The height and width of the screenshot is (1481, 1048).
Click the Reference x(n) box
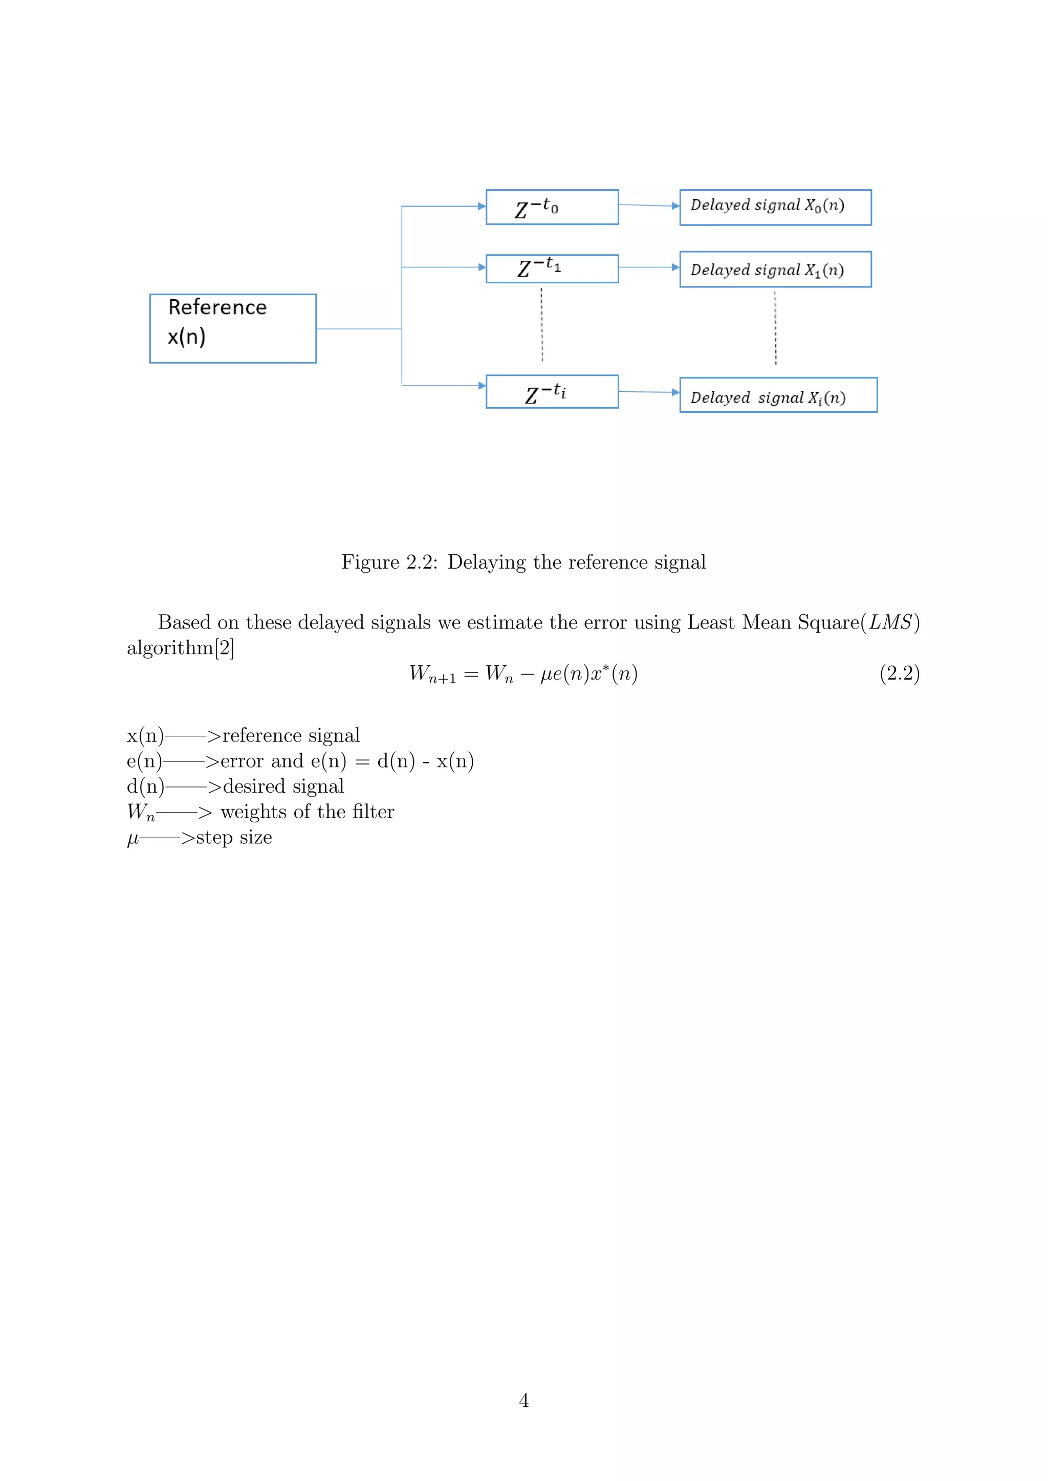click(233, 328)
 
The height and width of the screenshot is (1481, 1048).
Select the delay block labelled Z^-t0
click(552, 207)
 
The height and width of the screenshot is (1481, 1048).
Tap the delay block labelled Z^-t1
click(552, 268)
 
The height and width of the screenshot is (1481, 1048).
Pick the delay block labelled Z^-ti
click(552, 392)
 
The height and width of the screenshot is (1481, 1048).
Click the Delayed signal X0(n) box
click(775, 207)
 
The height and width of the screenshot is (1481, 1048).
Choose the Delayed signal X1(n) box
click(775, 269)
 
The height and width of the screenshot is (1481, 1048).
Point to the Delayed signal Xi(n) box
click(778, 395)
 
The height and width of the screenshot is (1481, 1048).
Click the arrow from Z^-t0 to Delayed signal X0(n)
click(648, 205)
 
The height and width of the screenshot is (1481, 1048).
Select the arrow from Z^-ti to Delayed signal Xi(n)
click(648, 392)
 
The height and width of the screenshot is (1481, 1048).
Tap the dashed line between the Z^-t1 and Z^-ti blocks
click(541, 324)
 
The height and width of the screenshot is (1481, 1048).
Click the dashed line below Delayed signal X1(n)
click(775, 328)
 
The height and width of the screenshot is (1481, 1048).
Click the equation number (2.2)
click(899, 674)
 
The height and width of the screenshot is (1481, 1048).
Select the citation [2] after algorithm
click(224, 647)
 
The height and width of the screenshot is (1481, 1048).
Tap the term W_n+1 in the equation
click(432, 674)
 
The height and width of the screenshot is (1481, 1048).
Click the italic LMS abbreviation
click(890, 622)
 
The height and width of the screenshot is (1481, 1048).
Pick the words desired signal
click(283, 787)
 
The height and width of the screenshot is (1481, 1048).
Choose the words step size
click(234, 837)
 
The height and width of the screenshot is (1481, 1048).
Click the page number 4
click(523, 1400)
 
